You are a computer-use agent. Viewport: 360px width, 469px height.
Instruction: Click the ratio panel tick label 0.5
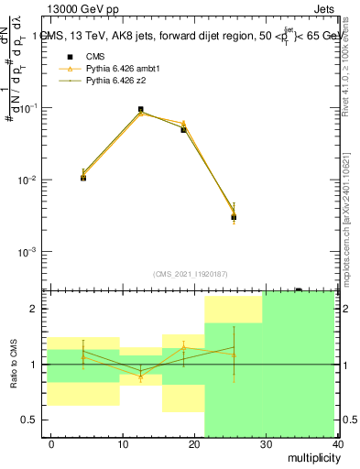pyautogui.click(x=33, y=420)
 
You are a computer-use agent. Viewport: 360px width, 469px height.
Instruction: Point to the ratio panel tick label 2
pyautogui.click(x=38, y=309)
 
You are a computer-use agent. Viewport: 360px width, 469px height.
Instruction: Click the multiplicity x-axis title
pyautogui.click(x=310, y=457)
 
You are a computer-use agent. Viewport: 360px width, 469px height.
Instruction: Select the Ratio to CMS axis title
pyautogui.click(x=15, y=365)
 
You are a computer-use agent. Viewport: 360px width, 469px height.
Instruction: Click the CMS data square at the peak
pyautogui.click(x=141, y=110)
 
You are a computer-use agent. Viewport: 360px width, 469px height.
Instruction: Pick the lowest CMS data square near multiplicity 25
pyautogui.click(x=235, y=217)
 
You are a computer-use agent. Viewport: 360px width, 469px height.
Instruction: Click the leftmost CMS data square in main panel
pyautogui.click(x=83, y=178)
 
